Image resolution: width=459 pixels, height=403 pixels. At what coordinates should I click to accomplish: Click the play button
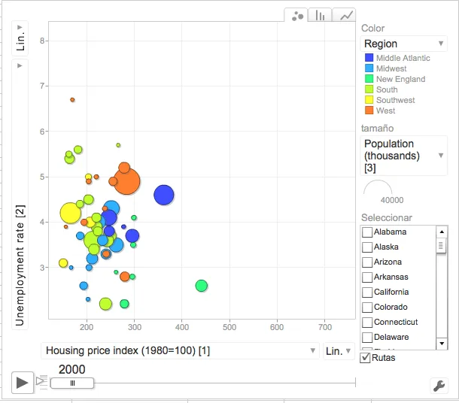pyautogui.click(x=23, y=382)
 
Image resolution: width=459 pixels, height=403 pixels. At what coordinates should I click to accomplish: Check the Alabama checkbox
pyautogui.click(x=367, y=232)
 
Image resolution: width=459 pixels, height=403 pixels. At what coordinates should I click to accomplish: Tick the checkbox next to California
pyautogui.click(x=367, y=292)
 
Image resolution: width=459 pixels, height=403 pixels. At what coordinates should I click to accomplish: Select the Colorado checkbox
pyautogui.click(x=367, y=308)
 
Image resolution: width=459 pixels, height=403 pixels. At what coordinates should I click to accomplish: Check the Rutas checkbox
pyautogui.click(x=366, y=358)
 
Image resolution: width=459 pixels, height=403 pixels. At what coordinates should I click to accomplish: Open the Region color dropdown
pyautogui.click(x=404, y=44)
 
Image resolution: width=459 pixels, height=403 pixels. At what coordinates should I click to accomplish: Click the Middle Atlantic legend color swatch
pyautogui.click(x=369, y=58)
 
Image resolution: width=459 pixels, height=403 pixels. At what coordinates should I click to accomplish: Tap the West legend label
pyautogui.click(x=386, y=111)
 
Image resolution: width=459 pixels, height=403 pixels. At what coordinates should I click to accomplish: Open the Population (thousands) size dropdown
pyautogui.click(x=404, y=156)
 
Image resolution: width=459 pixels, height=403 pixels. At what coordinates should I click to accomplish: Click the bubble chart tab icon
pyautogui.click(x=298, y=16)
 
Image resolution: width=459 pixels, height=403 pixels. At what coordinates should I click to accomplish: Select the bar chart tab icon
pyautogui.click(x=321, y=16)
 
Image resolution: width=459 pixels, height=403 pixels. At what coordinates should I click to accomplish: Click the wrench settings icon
pyautogui.click(x=438, y=386)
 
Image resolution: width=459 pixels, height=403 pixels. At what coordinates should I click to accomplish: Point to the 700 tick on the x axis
pyautogui.click(x=324, y=327)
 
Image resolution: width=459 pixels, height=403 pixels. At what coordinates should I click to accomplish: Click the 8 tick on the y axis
pyautogui.click(x=43, y=41)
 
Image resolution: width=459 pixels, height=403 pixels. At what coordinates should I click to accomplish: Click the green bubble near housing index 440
pyautogui.click(x=201, y=286)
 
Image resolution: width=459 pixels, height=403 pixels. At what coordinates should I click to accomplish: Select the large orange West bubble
pyautogui.click(x=127, y=181)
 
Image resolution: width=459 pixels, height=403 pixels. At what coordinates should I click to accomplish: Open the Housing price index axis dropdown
pyautogui.click(x=181, y=351)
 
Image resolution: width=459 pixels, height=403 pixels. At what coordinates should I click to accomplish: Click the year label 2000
pyautogui.click(x=71, y=369)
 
